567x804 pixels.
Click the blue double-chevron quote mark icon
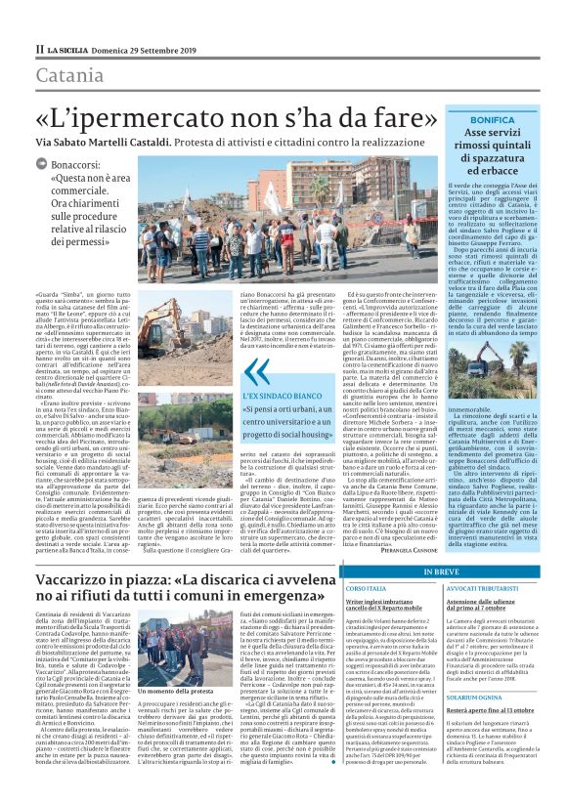[x=258, y=370]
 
